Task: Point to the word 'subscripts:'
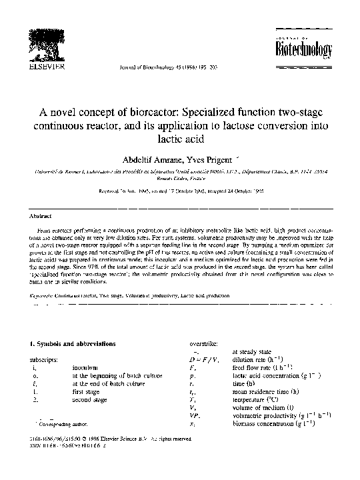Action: click(38, 359)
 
